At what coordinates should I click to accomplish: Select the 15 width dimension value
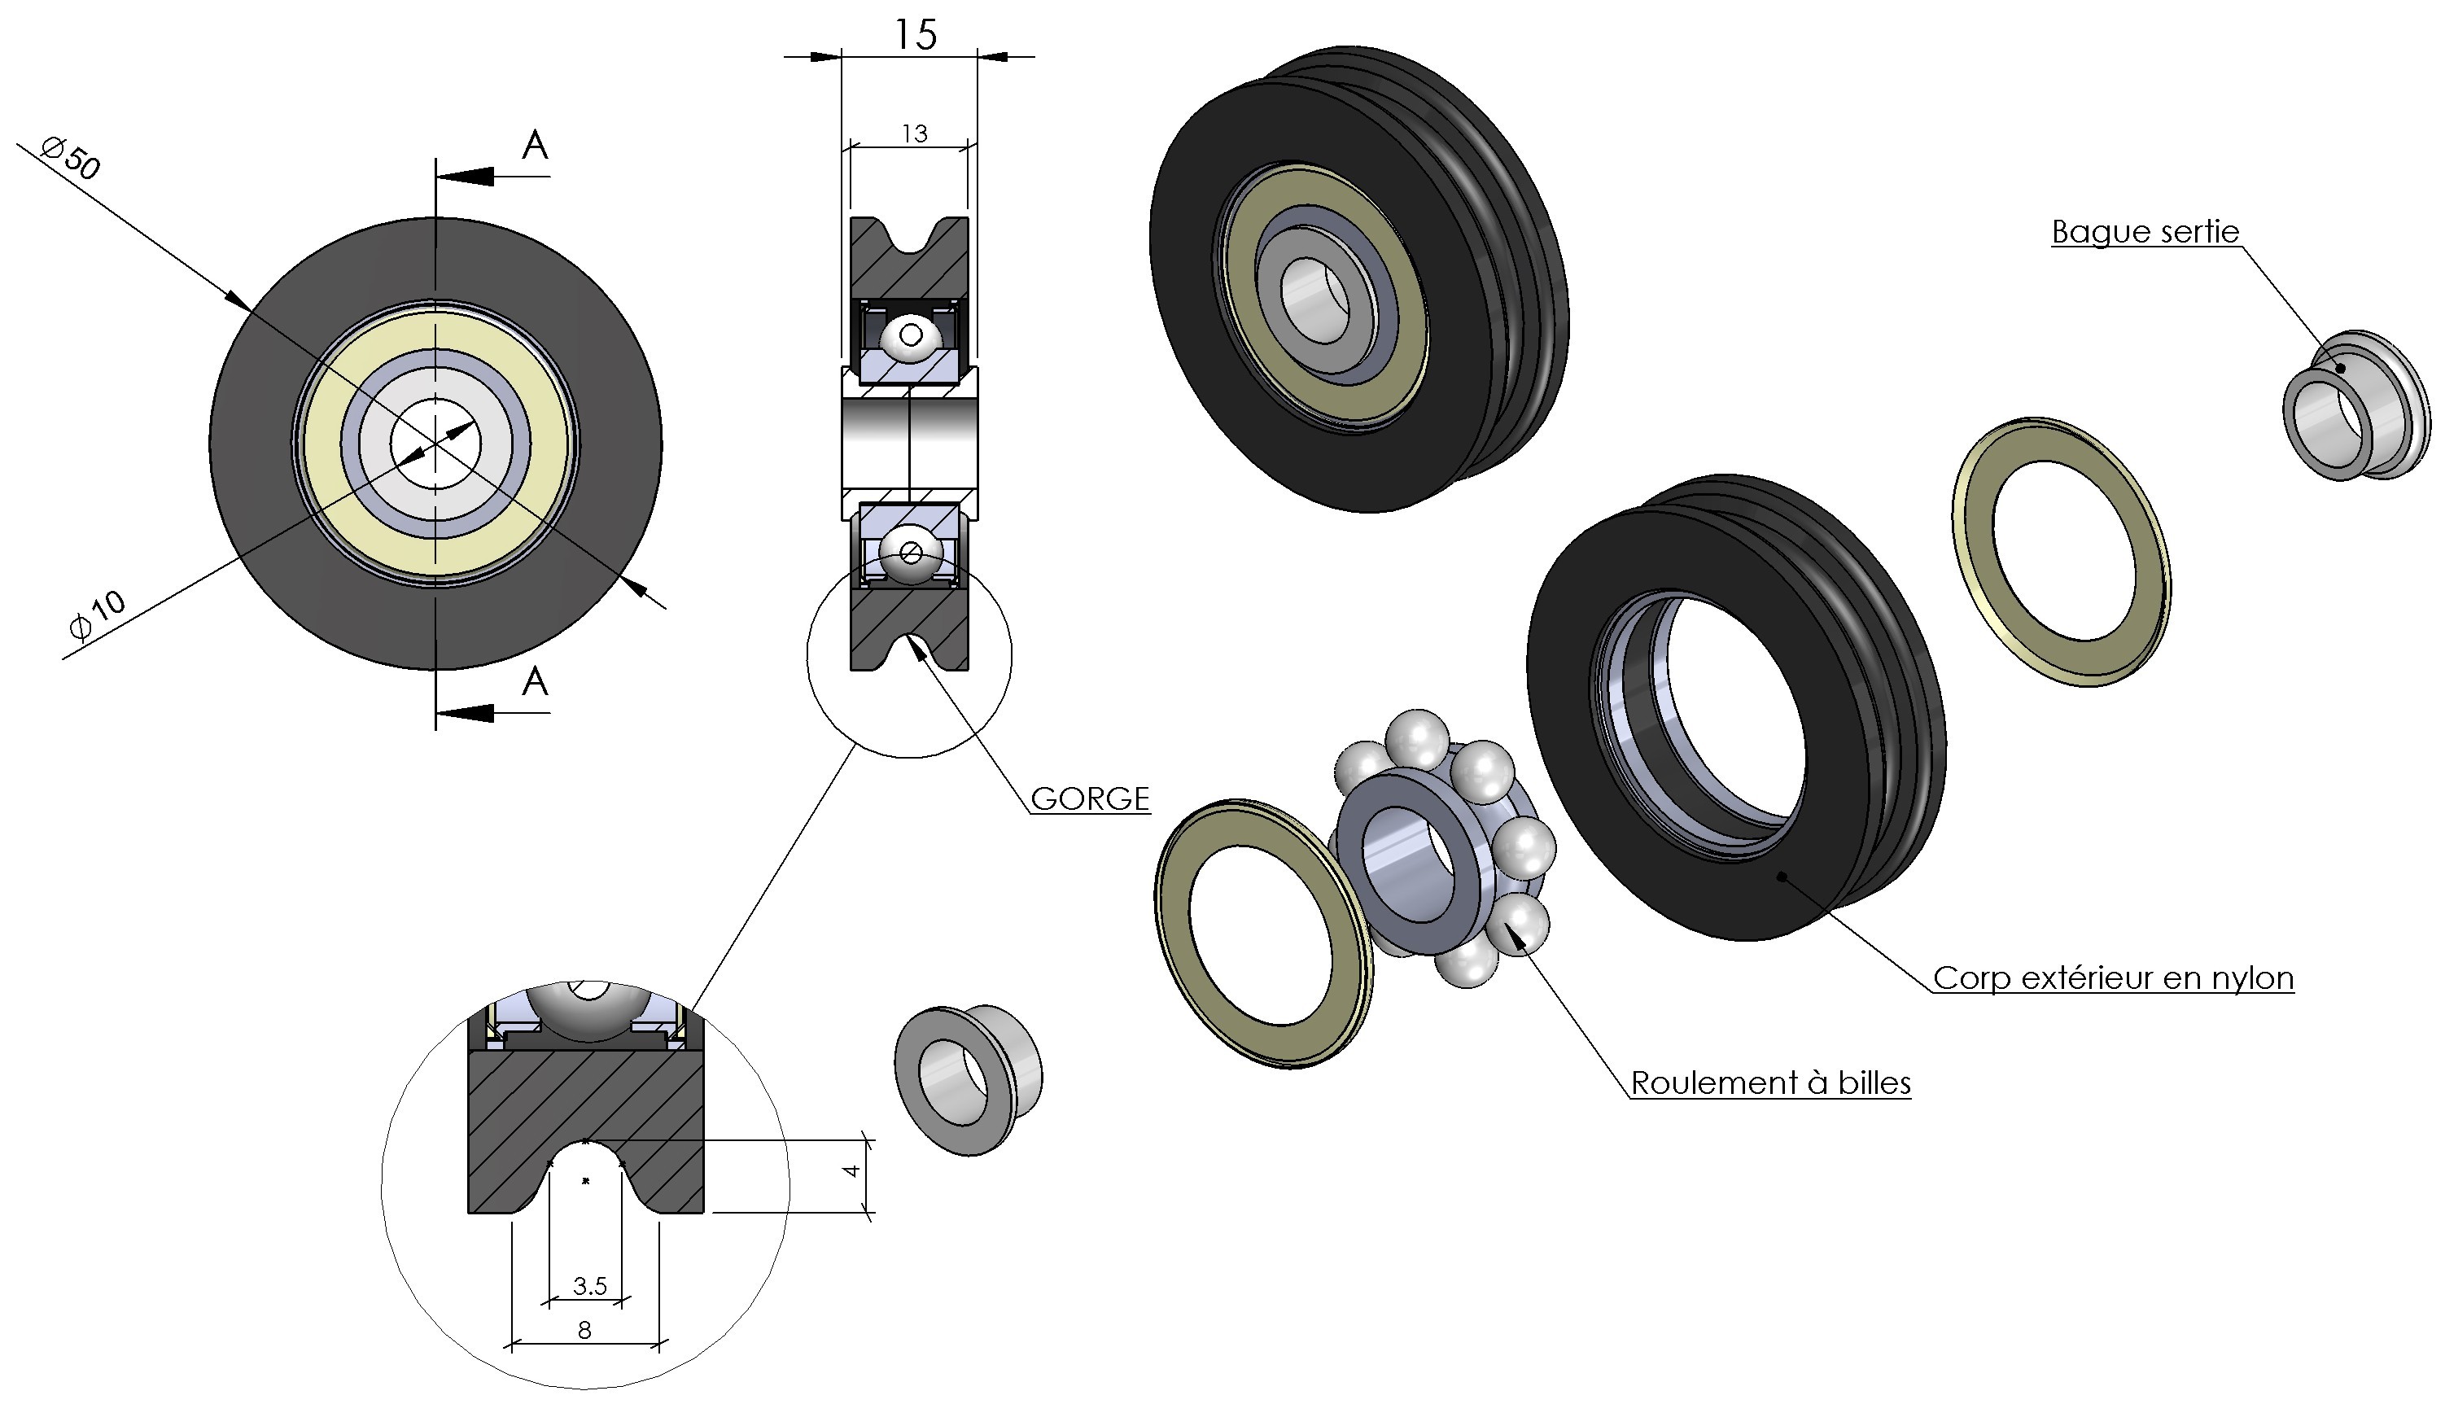914,36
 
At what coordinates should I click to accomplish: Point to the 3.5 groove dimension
589,1285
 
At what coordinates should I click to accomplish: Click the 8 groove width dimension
584,1330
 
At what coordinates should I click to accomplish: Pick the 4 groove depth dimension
851,1170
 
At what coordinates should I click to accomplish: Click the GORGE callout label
1090,798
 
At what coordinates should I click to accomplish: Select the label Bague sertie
2144,231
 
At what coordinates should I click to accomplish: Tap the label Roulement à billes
1770,1083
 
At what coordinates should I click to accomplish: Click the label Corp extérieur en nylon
2112,978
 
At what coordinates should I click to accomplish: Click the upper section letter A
535,146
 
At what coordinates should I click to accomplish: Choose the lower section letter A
535,682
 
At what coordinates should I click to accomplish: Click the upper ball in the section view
909,338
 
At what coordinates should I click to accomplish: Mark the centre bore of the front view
435,444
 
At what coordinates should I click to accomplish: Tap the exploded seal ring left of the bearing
1263,934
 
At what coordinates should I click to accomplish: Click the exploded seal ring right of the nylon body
2062,552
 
